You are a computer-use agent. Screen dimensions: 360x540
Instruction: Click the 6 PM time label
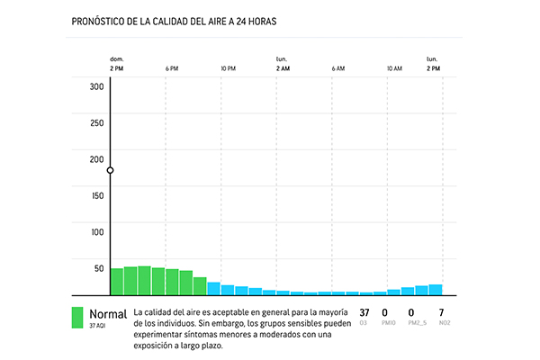pos(172,68)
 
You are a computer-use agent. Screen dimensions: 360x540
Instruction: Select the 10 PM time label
pos(228,68)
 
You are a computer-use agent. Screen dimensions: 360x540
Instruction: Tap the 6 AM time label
pos(338,68)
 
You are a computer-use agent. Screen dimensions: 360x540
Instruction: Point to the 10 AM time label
pos(394,68)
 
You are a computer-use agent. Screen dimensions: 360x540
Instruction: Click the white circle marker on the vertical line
pos(110,170)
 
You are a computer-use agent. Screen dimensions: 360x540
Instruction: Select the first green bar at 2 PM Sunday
pos(117,282)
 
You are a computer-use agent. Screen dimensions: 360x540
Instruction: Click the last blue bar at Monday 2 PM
pos(436,290)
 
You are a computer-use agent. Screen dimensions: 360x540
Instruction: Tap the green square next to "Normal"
pos(78,318)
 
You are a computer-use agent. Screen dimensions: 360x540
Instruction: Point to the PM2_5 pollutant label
pos(416,322)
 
